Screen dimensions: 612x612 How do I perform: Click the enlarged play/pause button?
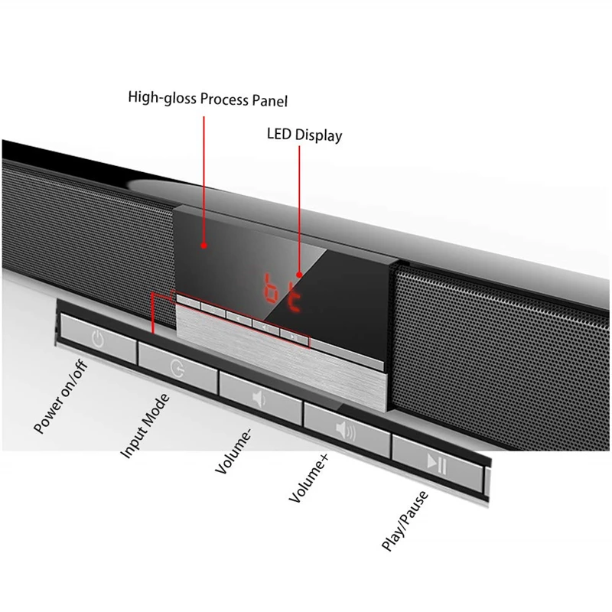(437, 462)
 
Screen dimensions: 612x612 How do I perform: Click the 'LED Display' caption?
(304, 135)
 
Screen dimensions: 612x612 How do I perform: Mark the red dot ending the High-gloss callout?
(203, 245)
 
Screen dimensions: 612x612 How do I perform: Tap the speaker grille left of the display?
(84, 229)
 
